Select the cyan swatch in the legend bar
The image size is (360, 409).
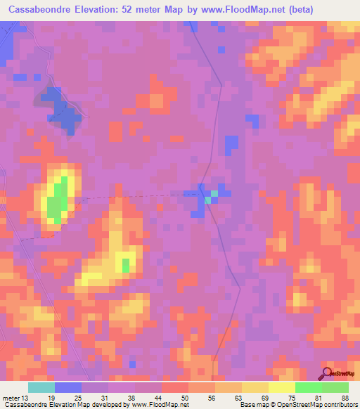pos(41,387)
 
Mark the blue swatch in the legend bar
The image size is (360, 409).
pos(68,387)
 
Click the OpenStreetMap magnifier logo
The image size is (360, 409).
pos(326,373)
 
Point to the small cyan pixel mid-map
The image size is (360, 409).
pos(209,200)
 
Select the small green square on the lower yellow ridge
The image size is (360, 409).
pos(126,265)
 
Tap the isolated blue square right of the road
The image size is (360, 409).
pos(231,143)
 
